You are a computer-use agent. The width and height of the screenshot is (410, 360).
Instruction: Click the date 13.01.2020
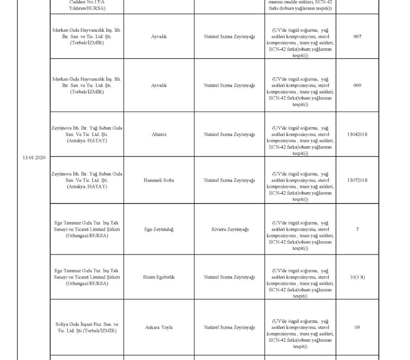pyautogui.click(x=34, y=158)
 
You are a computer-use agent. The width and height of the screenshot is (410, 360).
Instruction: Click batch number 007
pyautogui.click(x=357, y=37)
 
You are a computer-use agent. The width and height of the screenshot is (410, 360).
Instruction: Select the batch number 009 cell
pyautogui.click(x=357, y=85)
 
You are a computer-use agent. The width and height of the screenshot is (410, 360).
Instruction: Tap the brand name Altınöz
pyautogui.click(x=159, y=134)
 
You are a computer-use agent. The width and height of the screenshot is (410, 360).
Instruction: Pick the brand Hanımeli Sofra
pyautogui.click(x=159, y=180)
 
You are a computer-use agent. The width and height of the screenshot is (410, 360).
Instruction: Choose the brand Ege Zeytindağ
pyautogui.click(x=159, y=229)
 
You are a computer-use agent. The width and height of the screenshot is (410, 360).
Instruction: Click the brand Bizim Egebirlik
pyautogui.click(x=159, y=277)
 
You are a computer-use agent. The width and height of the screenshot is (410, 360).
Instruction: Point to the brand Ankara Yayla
pyautogui.click(x=159, y=327)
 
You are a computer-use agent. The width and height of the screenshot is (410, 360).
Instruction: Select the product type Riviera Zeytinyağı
pyautogui.click(x=230, y=229)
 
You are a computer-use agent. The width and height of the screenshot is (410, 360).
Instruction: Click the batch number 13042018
pyautogui.click(x=357, y=134)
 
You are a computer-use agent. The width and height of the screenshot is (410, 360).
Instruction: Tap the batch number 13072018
pyautogui.click(x=357, y=180)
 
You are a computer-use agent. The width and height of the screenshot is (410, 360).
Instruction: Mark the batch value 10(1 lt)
pyautogui.click(x=357, y=277)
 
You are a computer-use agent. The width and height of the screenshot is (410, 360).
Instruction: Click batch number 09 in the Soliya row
pyautogui.click(x=357, y=327)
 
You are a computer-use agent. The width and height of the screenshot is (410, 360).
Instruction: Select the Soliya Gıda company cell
pyautogui.click(x=87, y=327)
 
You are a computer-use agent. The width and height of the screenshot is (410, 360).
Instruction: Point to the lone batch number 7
pyautogui.click(x=357, y=229)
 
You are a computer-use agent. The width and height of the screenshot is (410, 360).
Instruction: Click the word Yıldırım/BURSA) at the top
pyautogui.click(x=87, y=8)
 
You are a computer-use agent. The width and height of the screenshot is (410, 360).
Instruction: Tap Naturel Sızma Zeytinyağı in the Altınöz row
pyautogui.click(x=229, y=134)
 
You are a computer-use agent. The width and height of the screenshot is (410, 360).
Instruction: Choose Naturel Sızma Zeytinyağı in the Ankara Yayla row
pyautogui.click(x=229, y=327)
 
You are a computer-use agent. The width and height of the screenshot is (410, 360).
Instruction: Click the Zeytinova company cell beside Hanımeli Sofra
pyautogui.click(x=87, y=180)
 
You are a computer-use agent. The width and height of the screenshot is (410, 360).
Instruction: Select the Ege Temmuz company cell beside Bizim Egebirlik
pyautogui.click(x=87, y=277)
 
